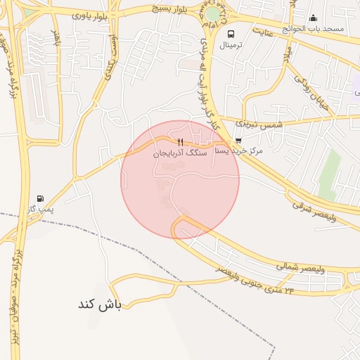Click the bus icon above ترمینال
point(231,33)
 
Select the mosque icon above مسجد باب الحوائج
point(313,18)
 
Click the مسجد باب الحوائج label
point(313,28)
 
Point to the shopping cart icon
point(238,140)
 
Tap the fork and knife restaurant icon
point(181,142)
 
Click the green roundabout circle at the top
point(212,14)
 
